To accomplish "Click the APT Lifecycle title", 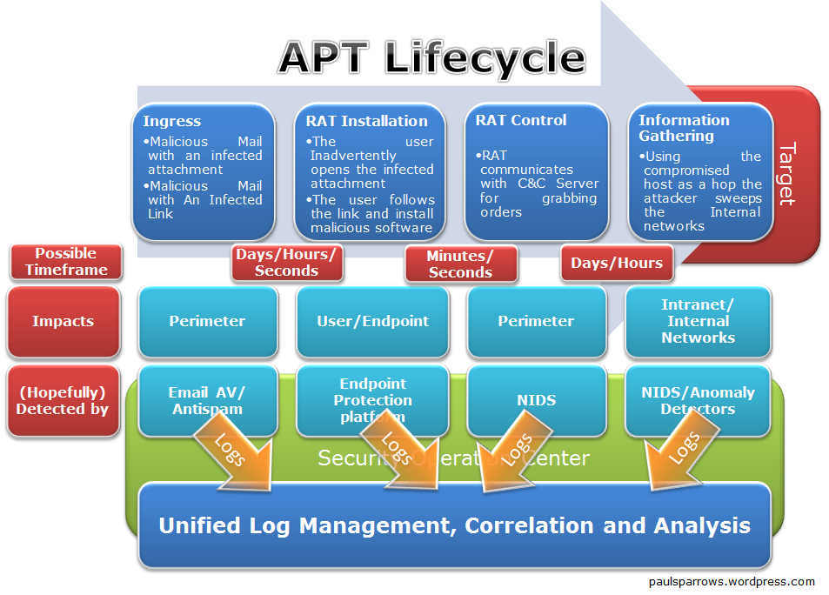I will tap(431, 57).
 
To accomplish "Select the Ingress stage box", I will tap(204, 171).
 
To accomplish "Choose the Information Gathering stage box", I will tap(701, 171).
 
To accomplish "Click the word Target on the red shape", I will tap(786, 174).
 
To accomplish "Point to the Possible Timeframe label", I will tap(66, 262).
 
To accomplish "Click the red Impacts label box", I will tap(64, 321).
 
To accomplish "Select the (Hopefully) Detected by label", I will tap(63, 401).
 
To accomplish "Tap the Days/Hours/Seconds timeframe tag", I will tap(286, 263).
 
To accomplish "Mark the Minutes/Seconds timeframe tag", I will tap(460, 264).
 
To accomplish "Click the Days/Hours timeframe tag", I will tap(617, 263).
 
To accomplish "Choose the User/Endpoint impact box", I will tap(372, 321).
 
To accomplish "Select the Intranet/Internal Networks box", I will tap(698, 321).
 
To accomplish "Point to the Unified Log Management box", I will tap(454, 525).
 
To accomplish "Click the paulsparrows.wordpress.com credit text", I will tap(732, 582).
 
